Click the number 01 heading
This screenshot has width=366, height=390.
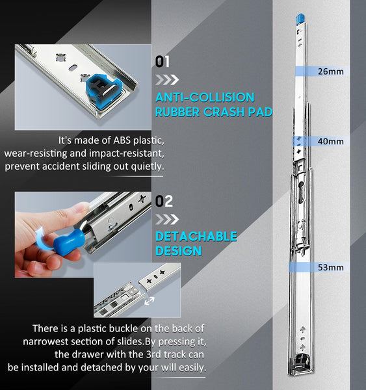point(163,62)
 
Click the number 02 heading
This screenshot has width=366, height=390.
point(164,201)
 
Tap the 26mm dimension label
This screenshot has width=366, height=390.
point(331,71)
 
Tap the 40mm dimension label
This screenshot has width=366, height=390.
point(331,141)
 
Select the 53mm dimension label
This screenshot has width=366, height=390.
point(331,267)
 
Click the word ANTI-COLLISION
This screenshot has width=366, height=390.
point(205,97)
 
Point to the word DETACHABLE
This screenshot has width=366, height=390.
point(196,237)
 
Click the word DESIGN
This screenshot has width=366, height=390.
point(179,251)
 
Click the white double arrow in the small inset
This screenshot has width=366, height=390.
point(149,301)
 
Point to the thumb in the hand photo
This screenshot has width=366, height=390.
point(77,212)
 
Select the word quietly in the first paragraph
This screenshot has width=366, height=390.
point(148,166)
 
